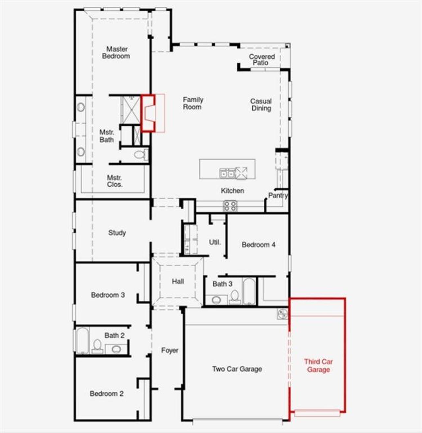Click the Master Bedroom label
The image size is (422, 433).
[x=116, y=53]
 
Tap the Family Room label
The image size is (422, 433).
[x=193, y=103]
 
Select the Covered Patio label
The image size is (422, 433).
[x=262, y=59]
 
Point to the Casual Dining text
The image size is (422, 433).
[x=261, y=105]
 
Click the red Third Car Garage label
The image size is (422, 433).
[x=318, y=366]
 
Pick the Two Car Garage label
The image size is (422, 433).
[x=237, y=369]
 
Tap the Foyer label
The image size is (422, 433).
[x=169, y=350]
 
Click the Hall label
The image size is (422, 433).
[x=178, y=281]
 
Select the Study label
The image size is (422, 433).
[x=117, y=233]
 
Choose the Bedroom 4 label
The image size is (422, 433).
[x=258, y=245]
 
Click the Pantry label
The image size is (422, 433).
[x=278, y=195]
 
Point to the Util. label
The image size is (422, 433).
[x=215, y=242]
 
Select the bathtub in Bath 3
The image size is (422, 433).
[x=249, y=291]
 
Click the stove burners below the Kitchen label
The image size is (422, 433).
[x=230, y=206]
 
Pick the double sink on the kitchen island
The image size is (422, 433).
[x=227, y=173]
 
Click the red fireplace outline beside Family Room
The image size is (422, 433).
[x=148, y=113]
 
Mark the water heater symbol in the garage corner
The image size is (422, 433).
[x=283, y=314]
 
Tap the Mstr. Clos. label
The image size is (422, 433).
[x=114, y=181]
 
